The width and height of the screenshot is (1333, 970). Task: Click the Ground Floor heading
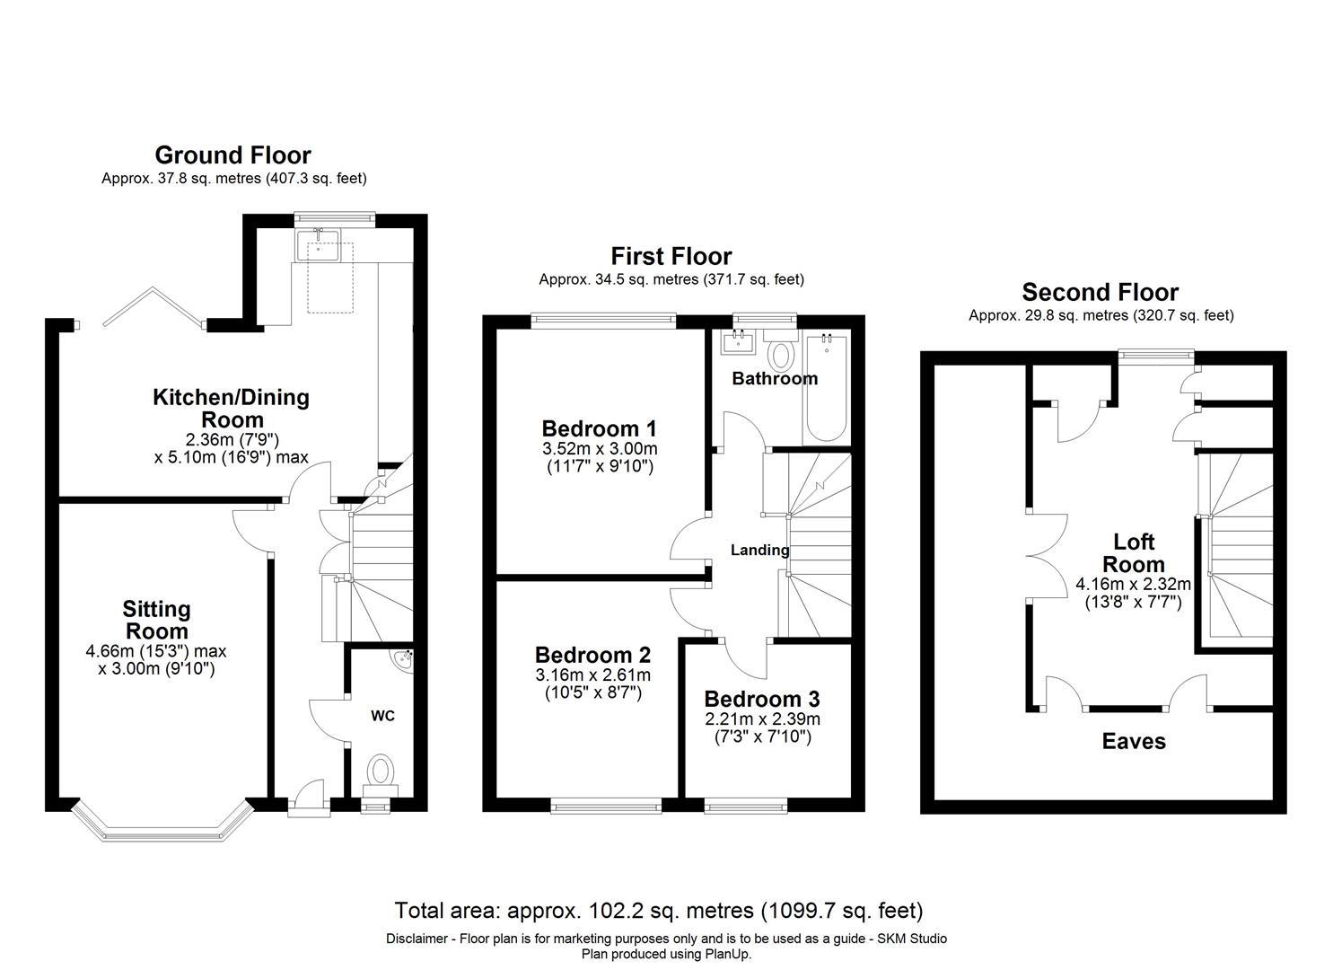point(232,155)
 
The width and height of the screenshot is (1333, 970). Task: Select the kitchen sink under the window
point(319,244)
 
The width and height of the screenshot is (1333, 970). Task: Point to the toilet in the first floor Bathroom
point(780,351)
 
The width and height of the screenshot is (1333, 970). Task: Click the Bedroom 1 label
point(600,428)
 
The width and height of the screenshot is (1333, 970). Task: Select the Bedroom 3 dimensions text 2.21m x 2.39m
point(762,719)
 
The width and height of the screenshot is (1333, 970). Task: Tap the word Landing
point(760,550)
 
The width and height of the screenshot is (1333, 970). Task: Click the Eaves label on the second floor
point(1134,741)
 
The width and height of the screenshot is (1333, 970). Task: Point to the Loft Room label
point(1134,553)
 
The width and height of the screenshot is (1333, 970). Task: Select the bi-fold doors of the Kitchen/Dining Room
point(154,307)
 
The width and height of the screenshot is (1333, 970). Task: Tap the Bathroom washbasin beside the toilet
point(738,342)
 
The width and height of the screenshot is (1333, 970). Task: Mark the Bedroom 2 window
point(606,807)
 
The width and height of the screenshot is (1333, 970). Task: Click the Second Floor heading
point(1101,293)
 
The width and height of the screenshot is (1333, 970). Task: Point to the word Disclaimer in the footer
point(417,939)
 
